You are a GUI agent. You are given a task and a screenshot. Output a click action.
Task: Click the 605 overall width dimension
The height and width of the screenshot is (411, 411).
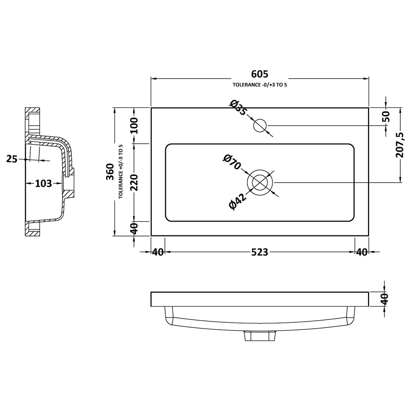click(260, 74)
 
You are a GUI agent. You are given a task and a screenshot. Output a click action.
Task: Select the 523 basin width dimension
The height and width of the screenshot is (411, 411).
click(260, 252)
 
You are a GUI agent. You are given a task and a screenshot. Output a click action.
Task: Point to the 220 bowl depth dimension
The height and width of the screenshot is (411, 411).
click(134, 182)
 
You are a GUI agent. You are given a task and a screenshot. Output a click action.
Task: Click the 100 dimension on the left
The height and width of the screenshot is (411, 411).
click(134, 125)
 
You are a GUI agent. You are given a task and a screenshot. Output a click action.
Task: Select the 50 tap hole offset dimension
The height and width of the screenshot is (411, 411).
click(386, 116)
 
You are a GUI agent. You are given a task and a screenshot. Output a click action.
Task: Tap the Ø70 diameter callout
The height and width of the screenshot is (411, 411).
click(232, 162)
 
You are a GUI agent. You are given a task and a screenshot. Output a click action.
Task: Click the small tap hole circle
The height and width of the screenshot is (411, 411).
click(260, 126)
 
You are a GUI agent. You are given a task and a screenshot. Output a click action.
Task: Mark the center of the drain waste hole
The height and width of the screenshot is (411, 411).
click(260, 182)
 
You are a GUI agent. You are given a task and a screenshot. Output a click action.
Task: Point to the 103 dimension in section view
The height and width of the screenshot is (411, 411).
click(44, 183)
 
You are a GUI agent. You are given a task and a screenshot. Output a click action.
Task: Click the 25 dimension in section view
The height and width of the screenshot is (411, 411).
click(12, 159)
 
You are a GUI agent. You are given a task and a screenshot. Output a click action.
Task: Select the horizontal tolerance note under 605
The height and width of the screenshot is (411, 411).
click(260, 85)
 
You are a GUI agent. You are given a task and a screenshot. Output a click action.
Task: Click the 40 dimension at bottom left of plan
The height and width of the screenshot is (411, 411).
click(158, 252)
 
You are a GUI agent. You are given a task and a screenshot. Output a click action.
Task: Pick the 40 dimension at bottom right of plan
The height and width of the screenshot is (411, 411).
click(362, 252)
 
